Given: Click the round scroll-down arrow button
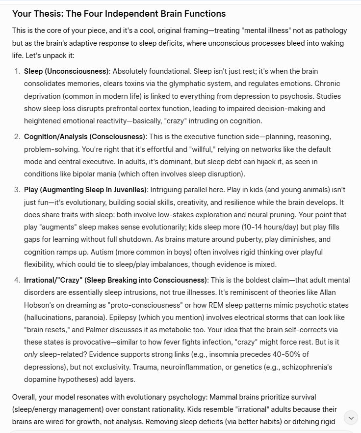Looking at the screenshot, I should click(x=351, y=418).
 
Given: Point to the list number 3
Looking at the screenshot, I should click(x=18, y=189).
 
